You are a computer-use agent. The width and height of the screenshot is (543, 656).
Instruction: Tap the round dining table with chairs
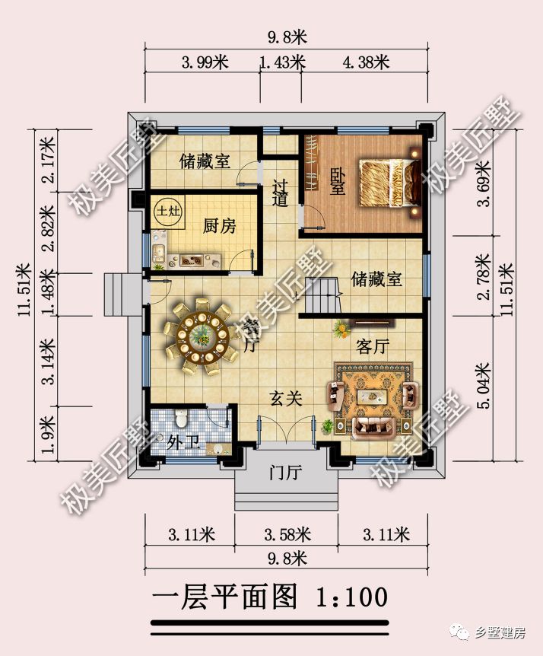tap(202, 336)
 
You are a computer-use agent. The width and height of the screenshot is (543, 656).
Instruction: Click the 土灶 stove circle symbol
tap(167, 212)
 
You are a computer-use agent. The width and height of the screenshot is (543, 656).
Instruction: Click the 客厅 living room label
tap(373, 346)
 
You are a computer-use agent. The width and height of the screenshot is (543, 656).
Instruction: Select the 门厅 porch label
tap(286, 473)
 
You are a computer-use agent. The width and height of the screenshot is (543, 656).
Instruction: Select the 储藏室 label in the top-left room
tap(205, 161)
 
